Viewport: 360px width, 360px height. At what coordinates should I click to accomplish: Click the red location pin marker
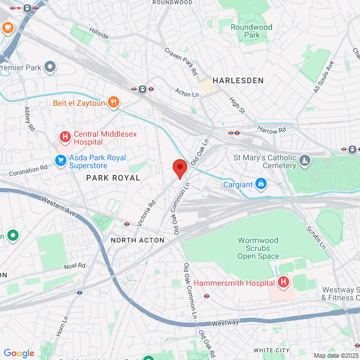pyautogui.click(x=179, y=168)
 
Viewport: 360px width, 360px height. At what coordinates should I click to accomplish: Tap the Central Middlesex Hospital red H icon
pyautogui.click(x=65, y=136)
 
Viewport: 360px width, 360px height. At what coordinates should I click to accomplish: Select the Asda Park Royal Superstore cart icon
pyautogui.click(x=60, y=161)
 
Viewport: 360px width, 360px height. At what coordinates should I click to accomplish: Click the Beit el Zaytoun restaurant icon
pyautogui.click(x=114, y=102)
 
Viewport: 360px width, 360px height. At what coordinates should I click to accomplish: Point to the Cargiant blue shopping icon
pyautogui.click(x=261, y=183)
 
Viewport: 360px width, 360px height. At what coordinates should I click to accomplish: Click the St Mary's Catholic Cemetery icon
pyautogui.click(x=305, y=161)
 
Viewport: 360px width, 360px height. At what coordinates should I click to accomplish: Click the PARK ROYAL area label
pyautogui.click(x=112, y=177)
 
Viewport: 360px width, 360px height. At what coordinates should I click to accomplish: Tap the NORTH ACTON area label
pyautogui.click(x=137, y=240)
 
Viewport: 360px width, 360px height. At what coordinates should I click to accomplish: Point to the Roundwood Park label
pyautogui.click(x=251, y=31)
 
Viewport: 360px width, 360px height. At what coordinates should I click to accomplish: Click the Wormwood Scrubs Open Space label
pyautogui.click(x=258, y=248)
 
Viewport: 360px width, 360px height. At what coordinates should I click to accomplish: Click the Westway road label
pyautogui.click(x=225, y=323)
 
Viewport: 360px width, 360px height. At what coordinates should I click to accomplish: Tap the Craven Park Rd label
pyautogui.click(x=181, y=61)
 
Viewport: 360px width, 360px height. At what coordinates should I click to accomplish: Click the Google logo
pyautogui.click(x=19, y=353)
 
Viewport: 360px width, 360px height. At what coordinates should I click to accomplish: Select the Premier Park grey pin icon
pyautogui.click(x=50, y=67)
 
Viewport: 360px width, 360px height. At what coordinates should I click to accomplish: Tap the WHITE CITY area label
pyautogui.click(x=272, y=350)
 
